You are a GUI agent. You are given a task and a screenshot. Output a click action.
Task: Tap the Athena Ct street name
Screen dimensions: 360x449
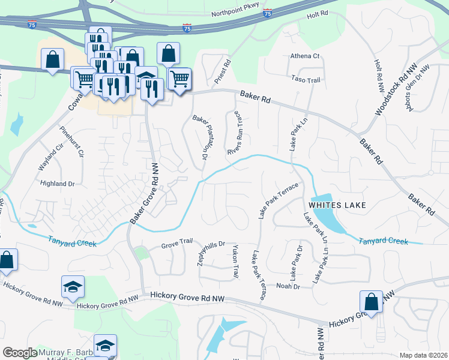306,56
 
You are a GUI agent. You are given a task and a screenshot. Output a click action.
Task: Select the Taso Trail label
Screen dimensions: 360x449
306,80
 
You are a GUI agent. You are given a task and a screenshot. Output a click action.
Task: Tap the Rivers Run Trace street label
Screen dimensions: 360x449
235,132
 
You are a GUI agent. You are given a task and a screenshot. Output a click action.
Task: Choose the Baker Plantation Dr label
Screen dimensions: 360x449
200,137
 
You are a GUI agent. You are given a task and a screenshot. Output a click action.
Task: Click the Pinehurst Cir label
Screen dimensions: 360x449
71,141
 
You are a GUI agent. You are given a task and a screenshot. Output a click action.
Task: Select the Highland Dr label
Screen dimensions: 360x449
57,184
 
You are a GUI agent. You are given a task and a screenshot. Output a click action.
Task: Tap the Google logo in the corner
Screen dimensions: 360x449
20,353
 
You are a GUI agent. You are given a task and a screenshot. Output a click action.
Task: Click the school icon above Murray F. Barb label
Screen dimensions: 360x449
105,346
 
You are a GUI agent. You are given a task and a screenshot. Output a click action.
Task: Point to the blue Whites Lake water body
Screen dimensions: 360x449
327,213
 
